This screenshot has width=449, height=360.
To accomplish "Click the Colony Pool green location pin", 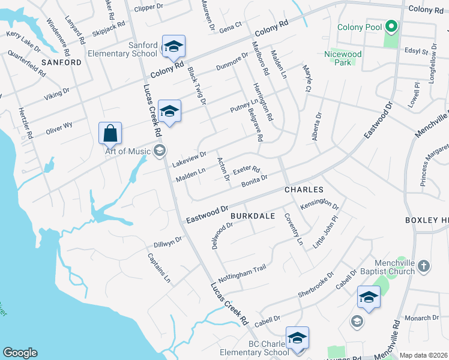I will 391,26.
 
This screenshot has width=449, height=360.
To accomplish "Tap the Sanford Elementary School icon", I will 173,46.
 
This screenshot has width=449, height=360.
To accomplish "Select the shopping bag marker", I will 110,133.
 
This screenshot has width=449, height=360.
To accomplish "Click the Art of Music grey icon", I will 160,151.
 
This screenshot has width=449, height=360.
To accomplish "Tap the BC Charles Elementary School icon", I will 297,338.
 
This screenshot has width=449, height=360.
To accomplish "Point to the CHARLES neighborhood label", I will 300,189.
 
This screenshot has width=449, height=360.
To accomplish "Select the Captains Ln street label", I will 159,268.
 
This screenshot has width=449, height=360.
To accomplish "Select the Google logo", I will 20,353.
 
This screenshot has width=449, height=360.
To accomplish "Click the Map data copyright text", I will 423,355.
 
